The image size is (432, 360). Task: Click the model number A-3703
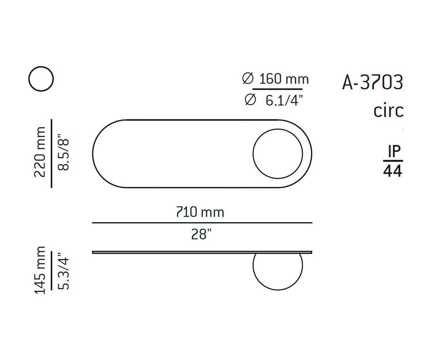(x=373, y=83)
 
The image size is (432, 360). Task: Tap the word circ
(x=388, y=110)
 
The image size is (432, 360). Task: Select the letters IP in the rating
(x=393, y=151)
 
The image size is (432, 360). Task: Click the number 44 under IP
(x=393, y=171)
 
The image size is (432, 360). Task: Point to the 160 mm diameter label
(x=283, y=79)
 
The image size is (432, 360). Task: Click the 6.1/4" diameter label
(x=284, y=100)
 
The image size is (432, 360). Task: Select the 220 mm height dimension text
(x=40, y=152)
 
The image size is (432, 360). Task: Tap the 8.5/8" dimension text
(x=63, y=152)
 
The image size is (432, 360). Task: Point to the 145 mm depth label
(x=40, y=271)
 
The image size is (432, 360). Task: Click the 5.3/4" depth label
(x=63, y=271)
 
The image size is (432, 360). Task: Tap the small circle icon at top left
(x=41, y=79)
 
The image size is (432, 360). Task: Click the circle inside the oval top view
(x=278, y=153)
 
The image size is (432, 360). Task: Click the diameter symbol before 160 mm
(x=248, y=79)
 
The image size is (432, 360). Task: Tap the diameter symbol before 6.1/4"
(x=250, y=100)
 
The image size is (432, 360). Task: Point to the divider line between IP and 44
(x=393, y=161)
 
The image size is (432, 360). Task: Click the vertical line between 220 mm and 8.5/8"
(x=51, y=153)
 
